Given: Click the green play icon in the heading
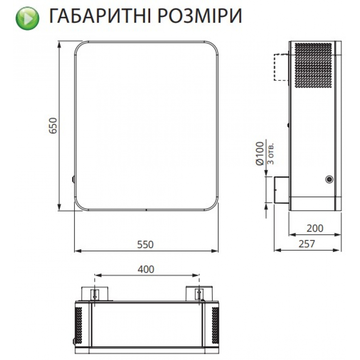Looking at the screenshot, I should [27, 17].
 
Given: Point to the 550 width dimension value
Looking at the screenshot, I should [146, 244].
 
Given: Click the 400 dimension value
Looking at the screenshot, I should [146, 269].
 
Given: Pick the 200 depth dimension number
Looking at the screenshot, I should [315, 228].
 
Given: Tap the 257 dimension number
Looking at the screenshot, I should [307, 244].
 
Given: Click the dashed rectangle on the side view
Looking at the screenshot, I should [281, 67].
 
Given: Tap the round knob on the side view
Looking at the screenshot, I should [329, 179].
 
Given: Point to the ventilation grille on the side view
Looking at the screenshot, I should [312, 65].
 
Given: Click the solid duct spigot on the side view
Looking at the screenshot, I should [281, 190].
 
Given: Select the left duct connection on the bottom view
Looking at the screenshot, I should [95, 293].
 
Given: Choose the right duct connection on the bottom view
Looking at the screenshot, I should [198, 293].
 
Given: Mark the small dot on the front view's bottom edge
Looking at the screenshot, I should [146, 210].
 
